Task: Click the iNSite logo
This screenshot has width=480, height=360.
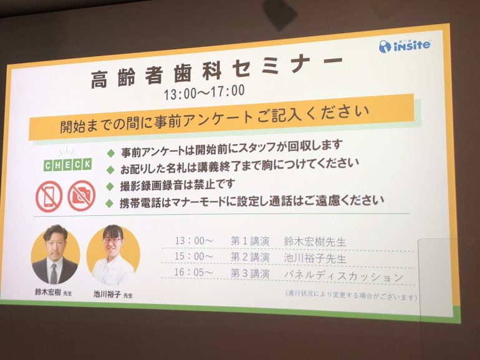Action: pos(405,46)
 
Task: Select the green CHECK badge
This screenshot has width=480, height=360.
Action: pos(68,165)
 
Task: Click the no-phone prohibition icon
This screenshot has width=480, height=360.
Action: pos(49,197)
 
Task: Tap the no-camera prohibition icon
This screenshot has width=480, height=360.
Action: pos(82,196)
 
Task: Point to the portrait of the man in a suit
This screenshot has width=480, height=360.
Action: pos(55,255)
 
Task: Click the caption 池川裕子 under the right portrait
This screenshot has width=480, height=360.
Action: pos(107,294)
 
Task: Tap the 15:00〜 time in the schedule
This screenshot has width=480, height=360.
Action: pos(193,256)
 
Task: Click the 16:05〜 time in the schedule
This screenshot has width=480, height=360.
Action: pos(193,272)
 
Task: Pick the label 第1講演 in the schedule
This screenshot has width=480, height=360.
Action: pos(250,241)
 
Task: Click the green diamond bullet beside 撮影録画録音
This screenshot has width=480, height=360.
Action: pos(110,186)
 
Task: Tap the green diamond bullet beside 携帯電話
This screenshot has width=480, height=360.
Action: pos(109,203)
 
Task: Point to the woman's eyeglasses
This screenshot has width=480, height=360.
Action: pos(112,240)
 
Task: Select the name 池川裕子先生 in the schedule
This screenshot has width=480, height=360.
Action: pos(315,258)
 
